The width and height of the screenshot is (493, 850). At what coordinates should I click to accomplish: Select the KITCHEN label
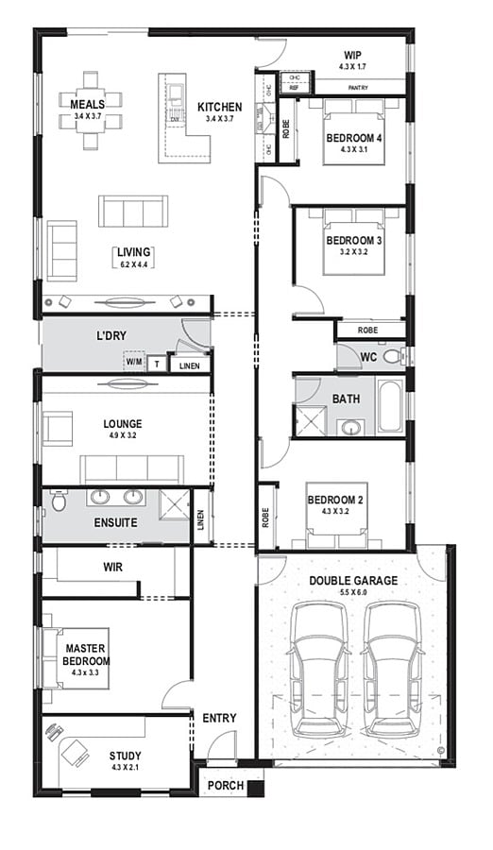click(x=219, y=107)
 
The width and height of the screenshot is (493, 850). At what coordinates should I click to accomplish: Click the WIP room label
click(x=352, y=55)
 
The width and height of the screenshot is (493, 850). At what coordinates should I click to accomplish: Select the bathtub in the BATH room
click(x=389, y=406)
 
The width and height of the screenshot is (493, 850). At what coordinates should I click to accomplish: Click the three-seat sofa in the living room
click(x=133, y=211)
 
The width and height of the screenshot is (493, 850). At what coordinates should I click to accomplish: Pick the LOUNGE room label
click(x=123, y=424)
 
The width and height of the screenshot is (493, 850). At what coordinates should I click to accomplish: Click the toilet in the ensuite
click(x=59, y=501)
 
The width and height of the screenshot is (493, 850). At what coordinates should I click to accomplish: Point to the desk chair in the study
click(x=55, y=733)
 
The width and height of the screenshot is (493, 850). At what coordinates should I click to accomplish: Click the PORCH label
click(x=226, y=786)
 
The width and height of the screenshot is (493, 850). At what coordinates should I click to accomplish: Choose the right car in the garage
click(x=389, y=670)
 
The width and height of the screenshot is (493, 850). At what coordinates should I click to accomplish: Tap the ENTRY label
click(x=219, y=719)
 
